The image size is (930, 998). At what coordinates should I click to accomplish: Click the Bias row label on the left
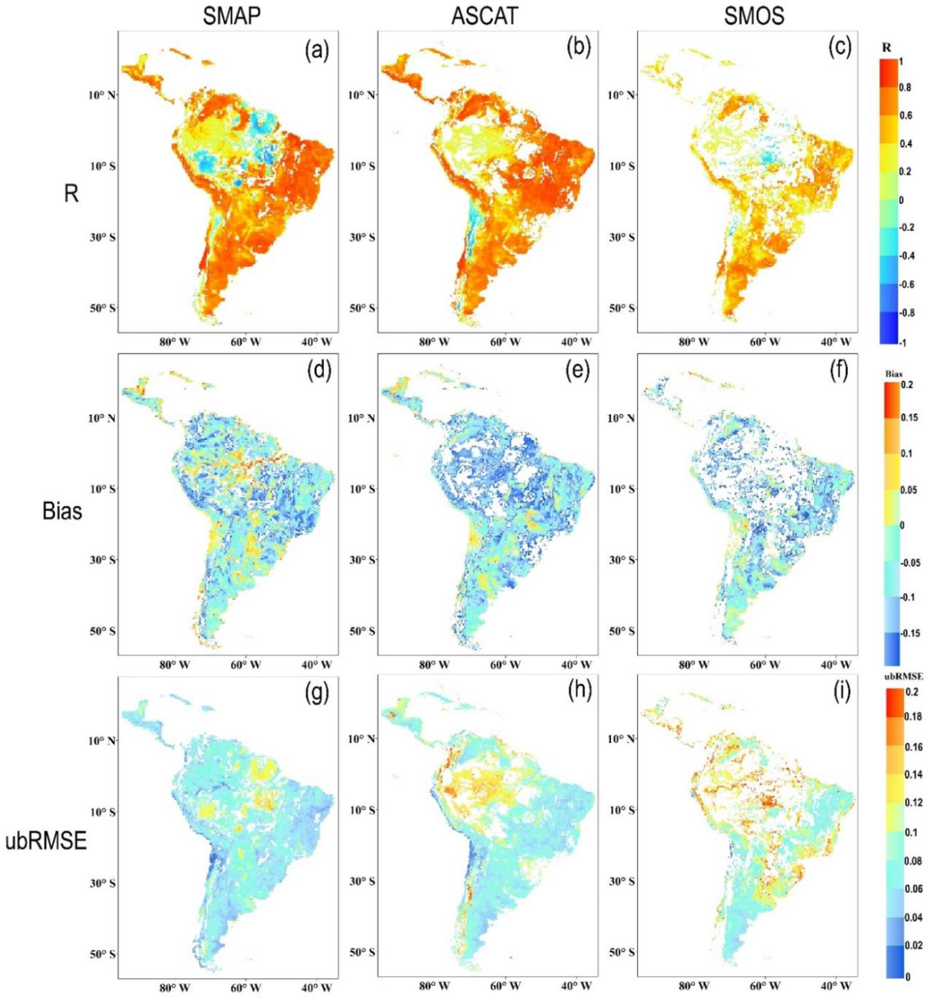[62, 500]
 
